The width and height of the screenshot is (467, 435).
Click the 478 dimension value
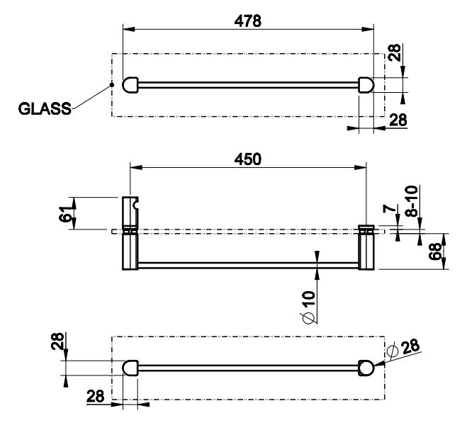point(247,21)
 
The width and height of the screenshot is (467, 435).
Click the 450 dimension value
point(247,159)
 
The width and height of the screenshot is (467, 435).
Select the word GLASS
point(45,108)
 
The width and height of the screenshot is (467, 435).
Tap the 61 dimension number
point(65,213)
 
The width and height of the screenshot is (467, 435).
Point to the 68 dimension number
point(435,252)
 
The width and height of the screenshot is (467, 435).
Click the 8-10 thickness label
point(412,201)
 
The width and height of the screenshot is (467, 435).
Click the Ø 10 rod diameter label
point(308,307)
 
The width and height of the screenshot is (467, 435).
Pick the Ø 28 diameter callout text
point(404,348)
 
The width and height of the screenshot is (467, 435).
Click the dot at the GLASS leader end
point(112,85)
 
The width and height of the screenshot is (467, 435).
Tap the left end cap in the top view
point(130,85)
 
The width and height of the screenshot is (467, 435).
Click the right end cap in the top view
point(366,85)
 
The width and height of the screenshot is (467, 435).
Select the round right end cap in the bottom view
point(366,368)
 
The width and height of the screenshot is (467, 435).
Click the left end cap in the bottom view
point(130,368)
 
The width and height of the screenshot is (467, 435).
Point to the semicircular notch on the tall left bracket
point(135,205)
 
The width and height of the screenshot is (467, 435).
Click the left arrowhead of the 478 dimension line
point(129,29)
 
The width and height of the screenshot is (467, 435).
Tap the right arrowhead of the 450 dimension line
point(361,168)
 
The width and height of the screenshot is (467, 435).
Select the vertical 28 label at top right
point(395,52)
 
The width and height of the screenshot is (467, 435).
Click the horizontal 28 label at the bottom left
point(95,396)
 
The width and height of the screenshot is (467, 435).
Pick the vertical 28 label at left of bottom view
point(57,341)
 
